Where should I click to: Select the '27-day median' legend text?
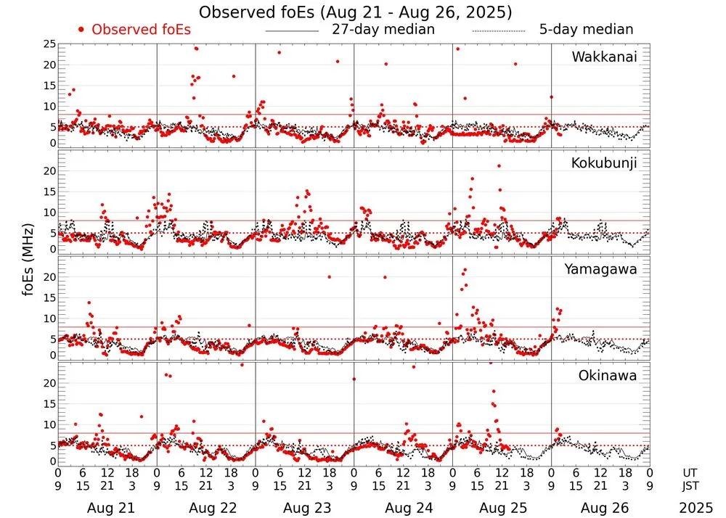click(x=383, y=30)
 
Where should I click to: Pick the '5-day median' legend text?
click(x=586, y=30)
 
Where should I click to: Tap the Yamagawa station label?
click(x=600, y=269)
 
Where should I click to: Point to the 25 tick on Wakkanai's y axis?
click(x=49, y=44)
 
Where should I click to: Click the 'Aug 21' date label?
click(x=107, y=508)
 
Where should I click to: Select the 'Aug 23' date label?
click(x=304, y=508)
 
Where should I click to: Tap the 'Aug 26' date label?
click(x=600, y=508)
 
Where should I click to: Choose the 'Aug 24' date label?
click(x=403, y=508)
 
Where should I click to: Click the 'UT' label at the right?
click(x=692, y=472)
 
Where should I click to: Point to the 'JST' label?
click(x=692, y=486)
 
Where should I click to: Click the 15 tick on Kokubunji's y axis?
click(x=49, y=192)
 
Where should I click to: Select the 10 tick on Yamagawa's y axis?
click(x=49, y=318)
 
